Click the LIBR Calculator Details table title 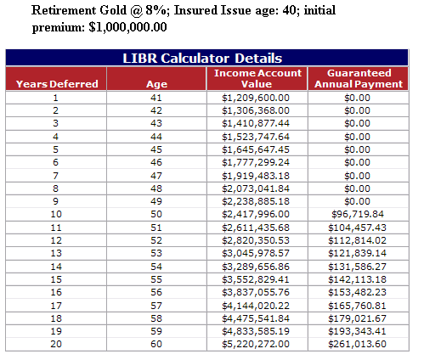coord(202,59)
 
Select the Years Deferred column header coord(57,84)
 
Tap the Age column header coord(156,84)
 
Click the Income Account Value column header coord(257,78)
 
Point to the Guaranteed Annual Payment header coord(359,78)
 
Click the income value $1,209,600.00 coord(256,98)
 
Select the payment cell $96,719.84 coord(358,214)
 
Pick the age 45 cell coord(156,149)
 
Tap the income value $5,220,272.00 coord(256,344)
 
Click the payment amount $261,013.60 coord(358,344)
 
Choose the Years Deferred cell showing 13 coord(56,253)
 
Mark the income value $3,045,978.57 coord(256,253)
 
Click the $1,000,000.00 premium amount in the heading coord(127,27)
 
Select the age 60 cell coord(156,344)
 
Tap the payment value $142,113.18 coord(358,279)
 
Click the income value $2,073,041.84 coord(256,188)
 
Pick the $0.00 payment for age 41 coord(358,98)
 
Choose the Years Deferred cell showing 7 coord(55,176)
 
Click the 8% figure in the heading coord(157,10)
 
